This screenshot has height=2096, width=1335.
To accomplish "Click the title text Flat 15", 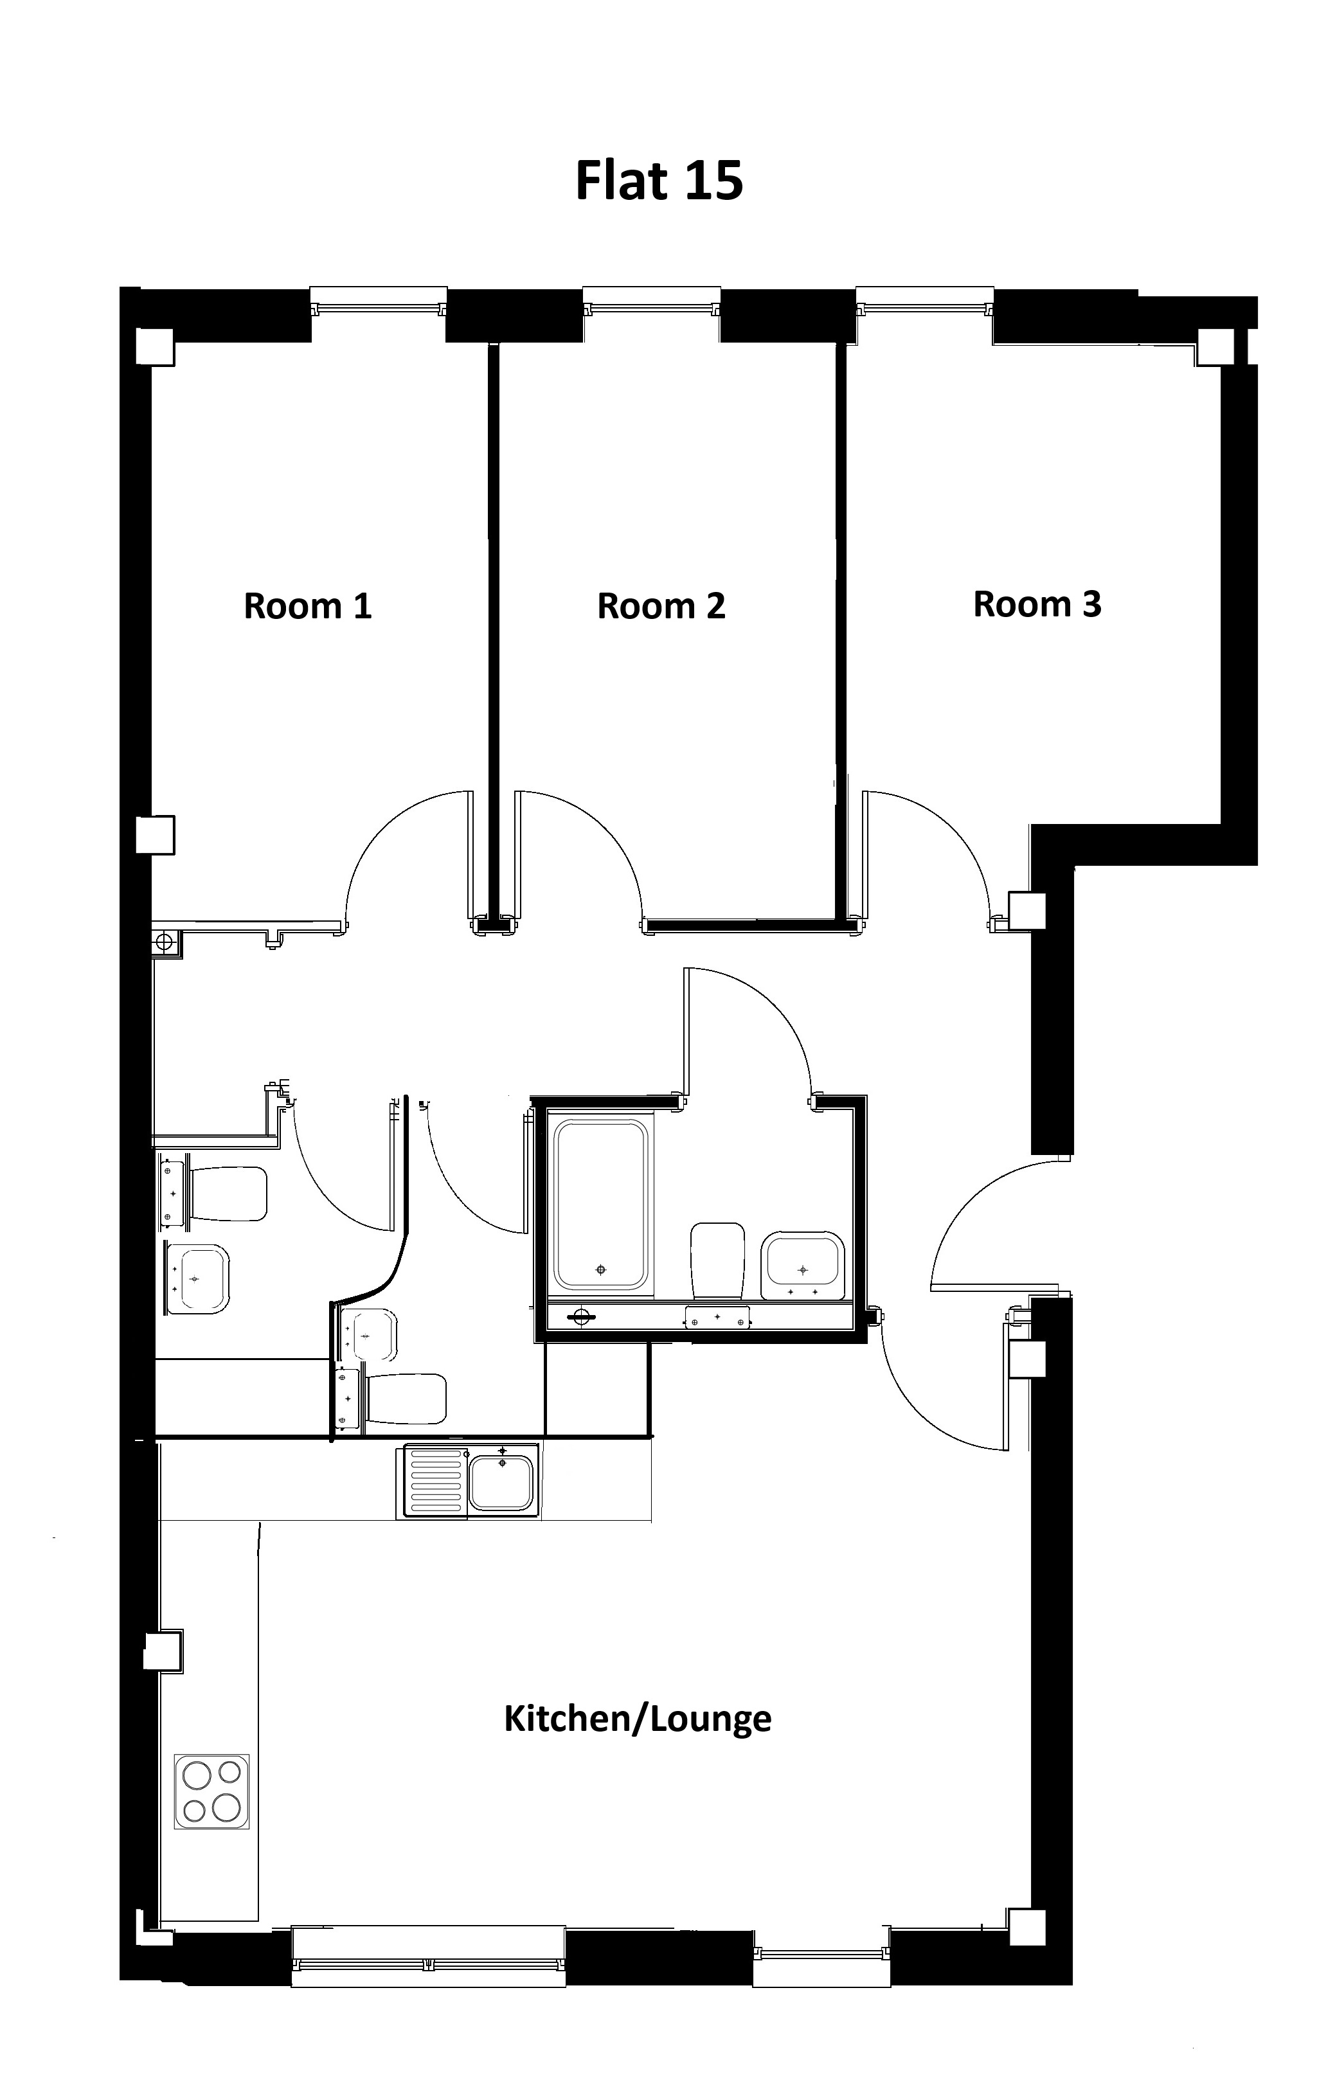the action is [659, 181].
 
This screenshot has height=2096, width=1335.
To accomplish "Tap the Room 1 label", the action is [308, 606].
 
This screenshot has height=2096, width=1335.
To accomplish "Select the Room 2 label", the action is [661, 606].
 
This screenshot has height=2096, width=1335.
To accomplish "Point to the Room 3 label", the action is [1037, 604].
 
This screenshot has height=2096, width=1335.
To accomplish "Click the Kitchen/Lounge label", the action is [638, 1719].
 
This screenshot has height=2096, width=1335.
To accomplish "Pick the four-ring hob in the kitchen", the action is [211, 1791].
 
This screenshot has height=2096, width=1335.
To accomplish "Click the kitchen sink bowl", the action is [501, 1482].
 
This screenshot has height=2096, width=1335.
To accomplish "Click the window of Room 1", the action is [379, 302].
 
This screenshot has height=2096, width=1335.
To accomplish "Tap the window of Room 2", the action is [652, 302].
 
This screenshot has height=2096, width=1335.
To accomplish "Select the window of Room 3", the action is [925, 302].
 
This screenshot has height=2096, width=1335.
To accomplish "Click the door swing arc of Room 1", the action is [383, 827].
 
